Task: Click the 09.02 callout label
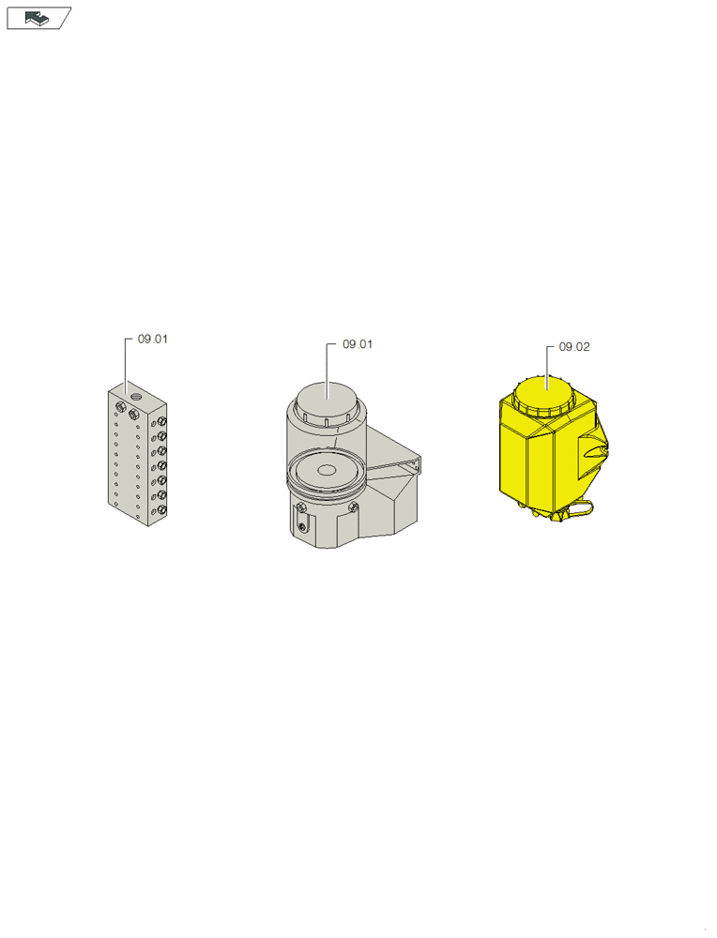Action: [574, 347]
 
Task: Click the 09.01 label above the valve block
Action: [153, 339]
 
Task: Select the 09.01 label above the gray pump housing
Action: [358, 344]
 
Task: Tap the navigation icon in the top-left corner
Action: [38, 18]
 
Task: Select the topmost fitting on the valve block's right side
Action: [162, 422]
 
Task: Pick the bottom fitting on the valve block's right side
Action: [162, 510]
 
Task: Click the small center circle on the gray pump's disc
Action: [327, 469]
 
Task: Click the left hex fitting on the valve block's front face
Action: [120, 406]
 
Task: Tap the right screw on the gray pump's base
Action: [354, 507]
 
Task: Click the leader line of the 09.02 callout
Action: [547, 361]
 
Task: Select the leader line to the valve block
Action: [126, 361]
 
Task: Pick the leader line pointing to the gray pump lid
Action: [327, 366]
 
